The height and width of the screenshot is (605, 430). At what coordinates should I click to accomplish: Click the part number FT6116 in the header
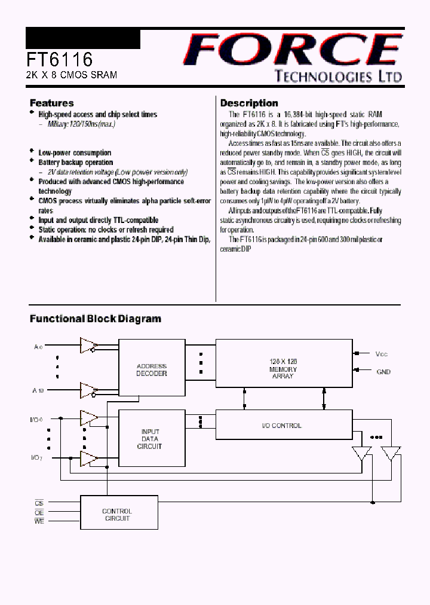[59, 60]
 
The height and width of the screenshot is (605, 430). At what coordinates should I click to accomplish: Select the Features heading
[52, 103]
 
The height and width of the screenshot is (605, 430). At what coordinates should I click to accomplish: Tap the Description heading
[249, 103]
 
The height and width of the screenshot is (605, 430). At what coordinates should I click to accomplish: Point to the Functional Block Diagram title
[96, 319]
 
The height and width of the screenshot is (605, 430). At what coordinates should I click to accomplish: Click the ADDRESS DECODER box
[152, 369]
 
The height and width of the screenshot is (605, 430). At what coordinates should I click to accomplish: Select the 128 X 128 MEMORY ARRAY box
[283, 369]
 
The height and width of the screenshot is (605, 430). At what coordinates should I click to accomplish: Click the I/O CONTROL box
[283, 426]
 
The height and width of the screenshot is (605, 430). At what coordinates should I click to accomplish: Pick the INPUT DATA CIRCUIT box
[150, 439]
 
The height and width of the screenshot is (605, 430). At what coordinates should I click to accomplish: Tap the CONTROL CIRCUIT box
[116, 515]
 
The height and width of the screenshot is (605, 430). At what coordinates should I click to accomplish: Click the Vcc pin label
[382, 354]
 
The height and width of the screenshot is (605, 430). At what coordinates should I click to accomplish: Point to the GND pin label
[383, 372]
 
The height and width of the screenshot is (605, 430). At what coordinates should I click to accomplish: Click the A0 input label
[38, 346]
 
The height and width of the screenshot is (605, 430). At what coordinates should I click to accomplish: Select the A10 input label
[38, 390]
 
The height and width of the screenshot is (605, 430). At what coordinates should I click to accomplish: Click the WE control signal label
[39, 522]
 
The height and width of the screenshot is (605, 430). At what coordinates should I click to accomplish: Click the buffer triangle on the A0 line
[89, 346]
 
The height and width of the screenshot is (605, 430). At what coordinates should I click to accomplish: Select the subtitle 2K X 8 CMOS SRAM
[71, 75]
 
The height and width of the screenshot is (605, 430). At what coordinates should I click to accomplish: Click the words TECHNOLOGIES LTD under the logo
[337, 76]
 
